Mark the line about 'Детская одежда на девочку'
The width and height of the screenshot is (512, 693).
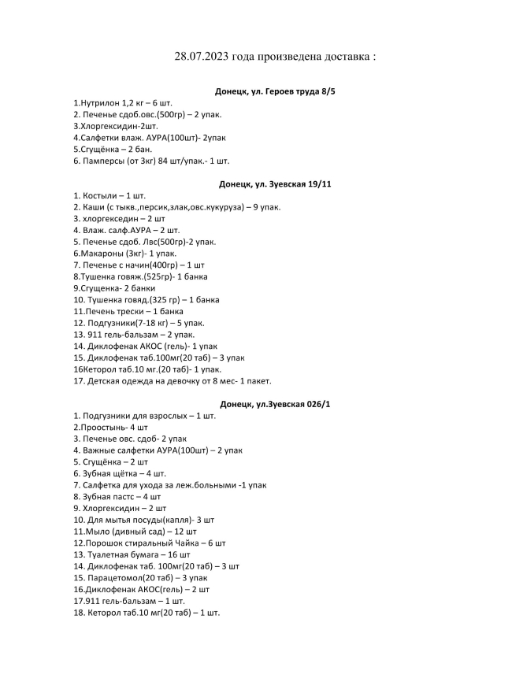172,381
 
